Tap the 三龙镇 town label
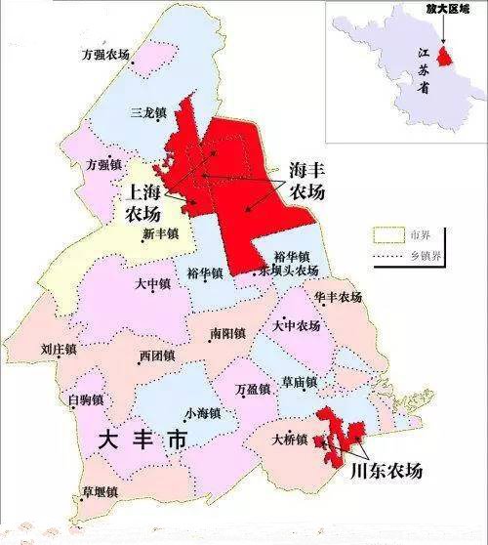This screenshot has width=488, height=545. [x=148, y=113]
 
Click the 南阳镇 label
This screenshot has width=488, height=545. [x=227, y=333]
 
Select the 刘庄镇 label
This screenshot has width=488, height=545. [x=61, y=347]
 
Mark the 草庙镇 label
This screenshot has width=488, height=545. [x=299, y=381]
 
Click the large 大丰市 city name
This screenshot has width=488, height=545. [x=142, y=440]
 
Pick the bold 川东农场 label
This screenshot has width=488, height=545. [x=385, y=470]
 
